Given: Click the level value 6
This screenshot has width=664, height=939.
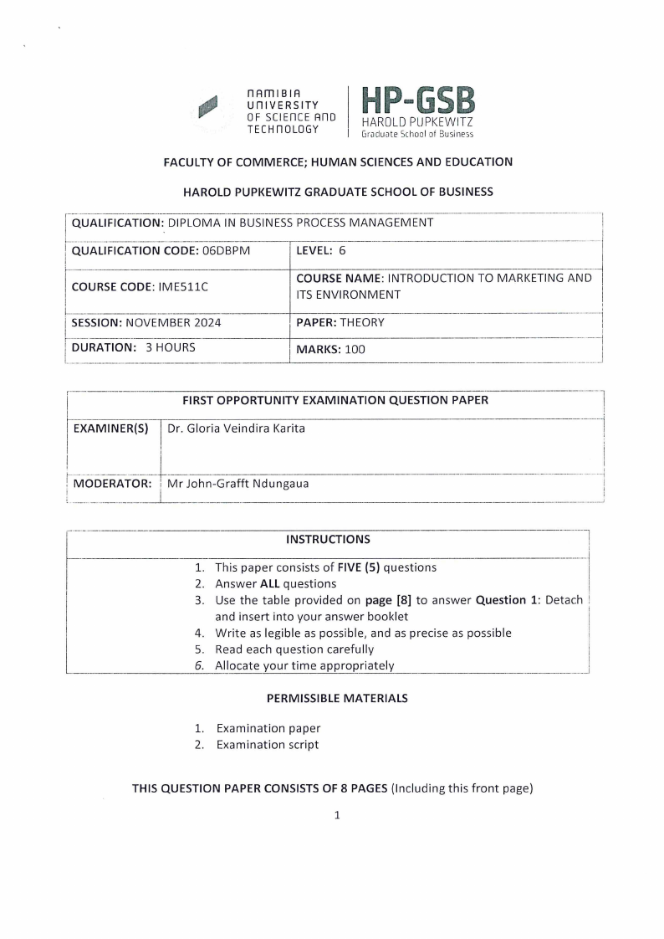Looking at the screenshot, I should coord(342,250).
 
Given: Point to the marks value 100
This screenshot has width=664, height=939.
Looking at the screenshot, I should coord(355,350).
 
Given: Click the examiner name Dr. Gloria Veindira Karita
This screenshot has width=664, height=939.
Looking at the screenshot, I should coord(236,428).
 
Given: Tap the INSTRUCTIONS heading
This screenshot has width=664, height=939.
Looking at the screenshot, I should coord(328,539).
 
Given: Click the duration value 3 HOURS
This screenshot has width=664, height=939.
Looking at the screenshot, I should coord(171,346).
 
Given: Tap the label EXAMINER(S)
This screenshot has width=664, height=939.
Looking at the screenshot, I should coord(110,428).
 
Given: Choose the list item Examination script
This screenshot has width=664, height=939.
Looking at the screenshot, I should coord(267,745).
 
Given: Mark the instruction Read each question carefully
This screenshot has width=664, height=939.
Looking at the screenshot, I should coord(294,649).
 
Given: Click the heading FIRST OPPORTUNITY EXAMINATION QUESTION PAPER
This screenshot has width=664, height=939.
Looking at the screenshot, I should coord(335,400).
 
